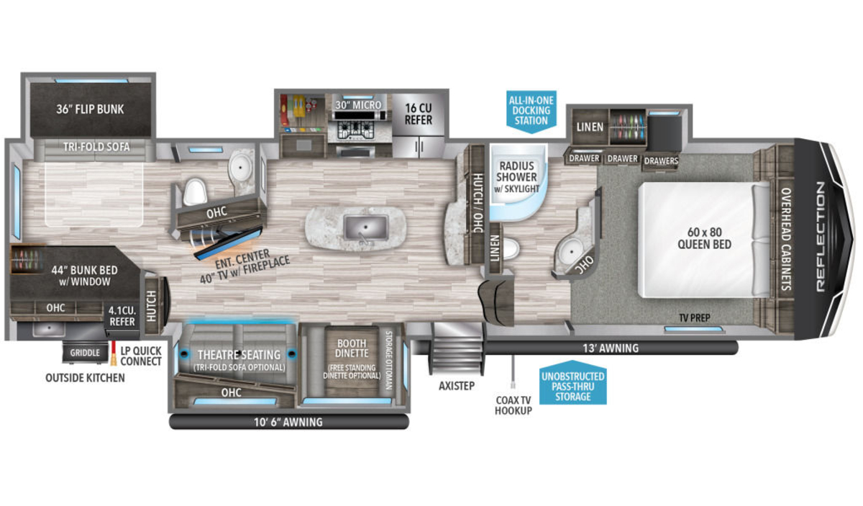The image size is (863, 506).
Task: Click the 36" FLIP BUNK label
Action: point(90,109)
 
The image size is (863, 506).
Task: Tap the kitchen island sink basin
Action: point(366,227)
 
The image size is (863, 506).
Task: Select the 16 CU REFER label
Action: point(419,114)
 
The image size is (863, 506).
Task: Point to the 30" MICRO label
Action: point(358,105)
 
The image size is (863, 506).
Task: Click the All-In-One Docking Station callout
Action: point(531,112)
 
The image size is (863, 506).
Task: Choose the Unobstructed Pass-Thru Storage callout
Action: point(573,384)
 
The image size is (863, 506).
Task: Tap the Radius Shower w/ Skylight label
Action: point(516,177)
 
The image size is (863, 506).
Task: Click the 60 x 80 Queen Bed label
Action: point(704,238)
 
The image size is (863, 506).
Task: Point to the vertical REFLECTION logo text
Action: point(820,236)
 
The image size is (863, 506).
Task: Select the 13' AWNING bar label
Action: point(611,348)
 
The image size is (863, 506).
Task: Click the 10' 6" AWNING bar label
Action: point(288,423)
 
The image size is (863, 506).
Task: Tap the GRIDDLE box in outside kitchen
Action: point(85,353)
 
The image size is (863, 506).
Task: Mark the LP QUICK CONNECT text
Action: point(141,356)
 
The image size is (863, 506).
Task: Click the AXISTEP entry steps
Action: point(457,349)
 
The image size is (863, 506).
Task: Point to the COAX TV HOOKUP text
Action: point(513,405)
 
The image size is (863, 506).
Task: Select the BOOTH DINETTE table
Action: point(352,361)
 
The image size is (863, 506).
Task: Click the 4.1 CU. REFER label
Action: point(122,316)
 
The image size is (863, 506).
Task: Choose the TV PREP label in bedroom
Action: point(695,318)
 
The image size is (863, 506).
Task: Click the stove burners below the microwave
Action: point(356,130)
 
